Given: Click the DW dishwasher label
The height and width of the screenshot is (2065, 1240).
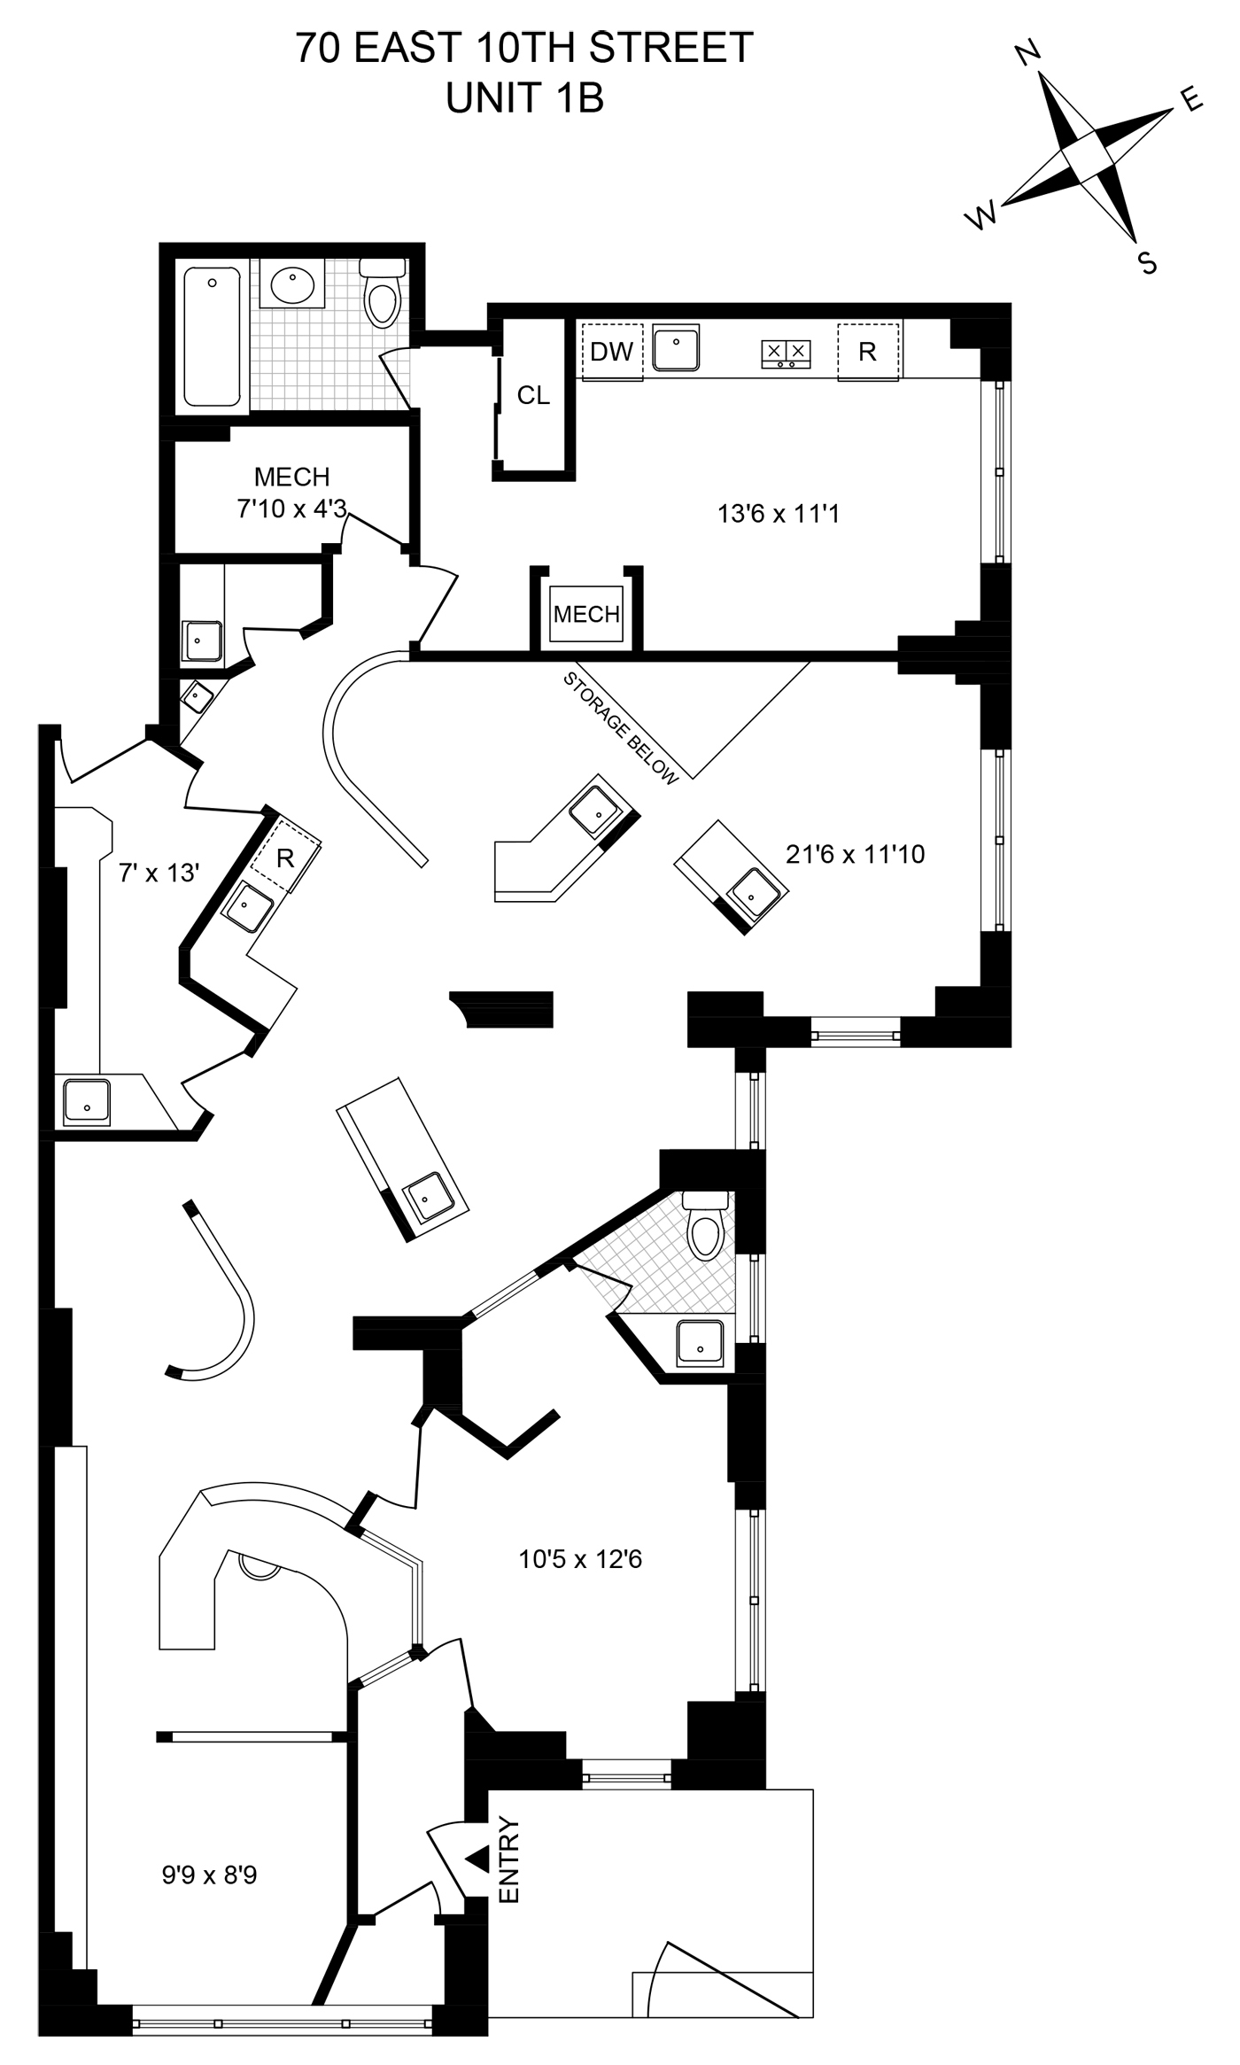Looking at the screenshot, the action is (x=612, y=352).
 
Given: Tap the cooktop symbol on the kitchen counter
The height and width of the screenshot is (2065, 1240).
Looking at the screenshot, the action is (x=786, y=353).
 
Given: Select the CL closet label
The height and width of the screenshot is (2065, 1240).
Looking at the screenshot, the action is (x=533, y=395).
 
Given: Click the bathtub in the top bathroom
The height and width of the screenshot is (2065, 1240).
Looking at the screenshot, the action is (x=213, y=337).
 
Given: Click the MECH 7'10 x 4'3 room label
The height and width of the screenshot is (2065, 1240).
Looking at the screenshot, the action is (x=291, y=493).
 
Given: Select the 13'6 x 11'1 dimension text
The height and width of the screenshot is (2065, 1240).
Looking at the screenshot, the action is (x=778, y=514).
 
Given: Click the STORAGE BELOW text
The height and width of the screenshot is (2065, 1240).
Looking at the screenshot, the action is (x=621, y=728).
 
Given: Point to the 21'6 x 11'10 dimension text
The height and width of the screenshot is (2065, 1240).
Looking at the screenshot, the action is (x=856, y=854).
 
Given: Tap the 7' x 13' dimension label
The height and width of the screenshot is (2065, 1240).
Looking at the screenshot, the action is (x=159, y=873).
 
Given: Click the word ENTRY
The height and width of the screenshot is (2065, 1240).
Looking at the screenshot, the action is (x=509, y=1859).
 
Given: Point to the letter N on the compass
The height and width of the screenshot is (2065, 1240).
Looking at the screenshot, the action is (x=1027, y=56).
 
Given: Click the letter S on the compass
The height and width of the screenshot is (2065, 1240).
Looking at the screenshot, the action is (x=1147, y=263).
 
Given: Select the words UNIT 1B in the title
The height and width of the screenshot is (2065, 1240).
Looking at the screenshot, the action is (x=525, y=98).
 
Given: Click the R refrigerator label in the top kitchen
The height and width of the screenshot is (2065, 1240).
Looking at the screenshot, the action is (x=868, y=352).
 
